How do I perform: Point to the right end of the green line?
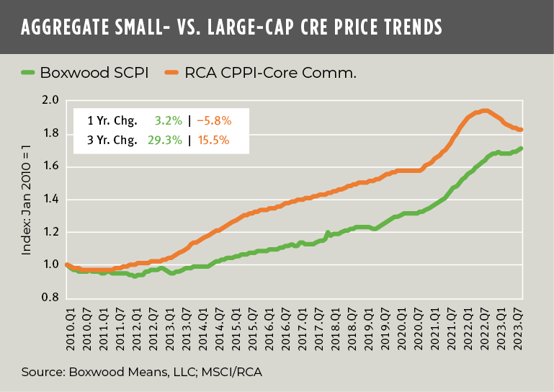pyautogui.click(x=522, y=148)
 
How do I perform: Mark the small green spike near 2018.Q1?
pyautogui.click(x=329, y=233)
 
